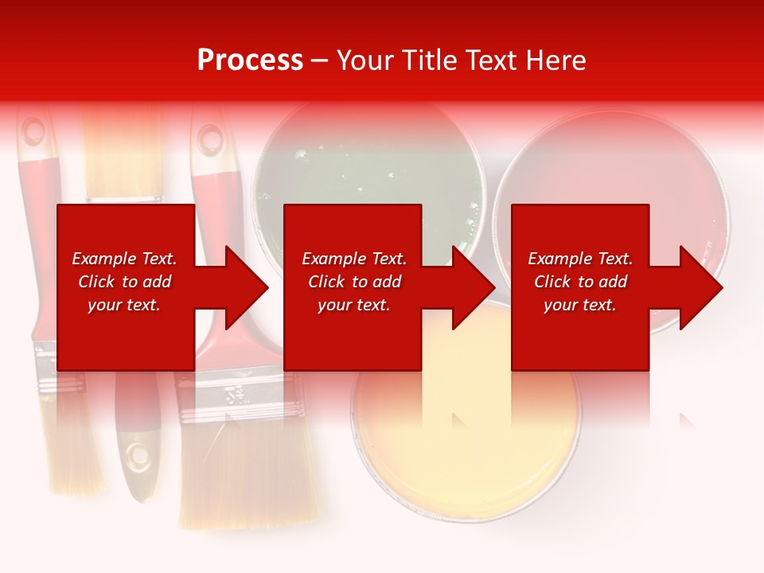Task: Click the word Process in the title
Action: pyautogui.click(x=250, y=60)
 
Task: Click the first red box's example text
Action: pyautogui.click(x=124, y=282)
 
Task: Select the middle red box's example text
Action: pyautogui.click(x=353, y=282)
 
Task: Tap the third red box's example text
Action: pyautogui.click(x=579, y=282)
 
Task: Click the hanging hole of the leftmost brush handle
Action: pyautogui.click(x=33, y=131)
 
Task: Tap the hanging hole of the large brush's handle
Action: pyautogui.click(x=210, y=139)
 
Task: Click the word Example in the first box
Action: pyautogui.click(x=103, y=259)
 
